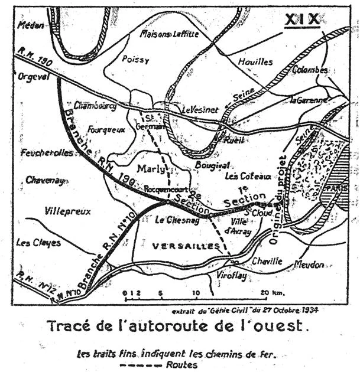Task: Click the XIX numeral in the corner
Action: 301,19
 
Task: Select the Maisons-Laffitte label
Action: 168,34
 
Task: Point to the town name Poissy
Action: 132,60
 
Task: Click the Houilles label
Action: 255,61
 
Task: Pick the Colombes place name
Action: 310,70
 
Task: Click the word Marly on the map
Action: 149,169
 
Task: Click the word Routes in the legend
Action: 181,364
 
